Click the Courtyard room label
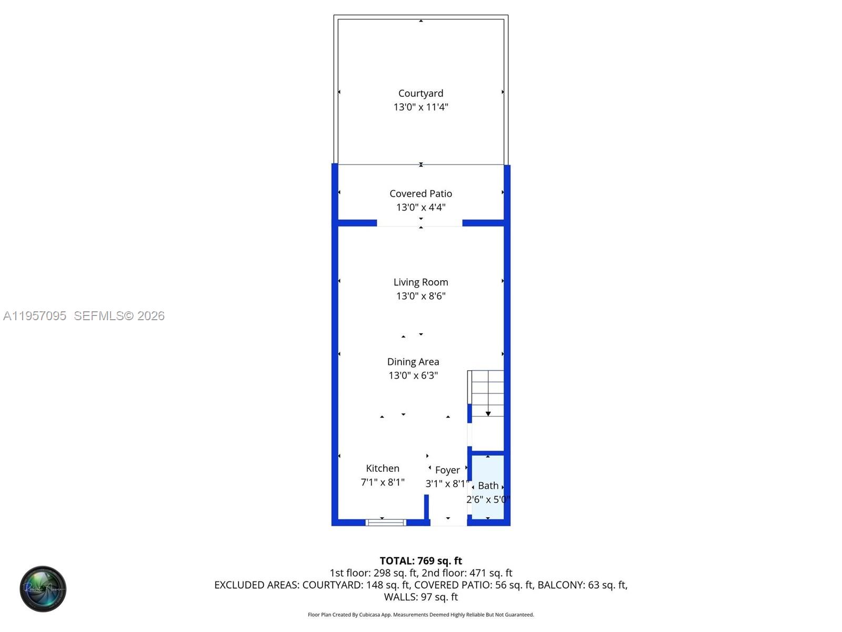tap(420, 93)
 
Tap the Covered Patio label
tap(420, 194)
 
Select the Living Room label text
tap(420, 282)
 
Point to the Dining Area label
tap(413, 362)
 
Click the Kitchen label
tap(383, 468)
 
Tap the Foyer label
tap(447, 470)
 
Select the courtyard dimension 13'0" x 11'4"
tap(420, 107)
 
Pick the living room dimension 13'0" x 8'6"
tap(420, 296)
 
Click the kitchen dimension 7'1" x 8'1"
tap(383, 482)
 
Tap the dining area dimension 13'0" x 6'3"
tap(413, 376)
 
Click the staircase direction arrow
tap(488, 413)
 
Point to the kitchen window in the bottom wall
tap(386, 522)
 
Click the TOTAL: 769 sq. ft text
tap(420, 561)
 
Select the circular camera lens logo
tap(43, 589)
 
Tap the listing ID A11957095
tap(35, 316)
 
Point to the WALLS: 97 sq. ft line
tap(420, 597)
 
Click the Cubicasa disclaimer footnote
tap(420, 615)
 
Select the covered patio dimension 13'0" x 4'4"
tap(420, 208)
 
